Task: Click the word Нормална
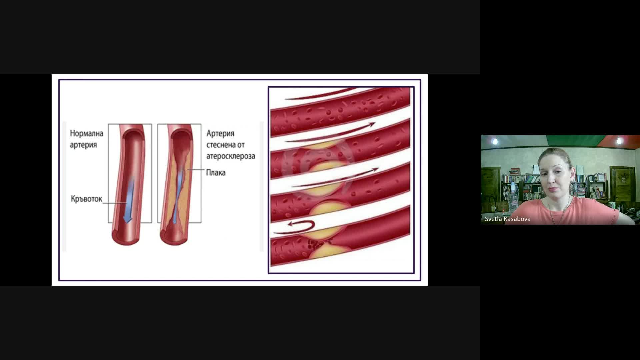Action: pos(87,133)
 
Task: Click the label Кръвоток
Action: pos(86,199)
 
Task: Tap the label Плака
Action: pos(216,173)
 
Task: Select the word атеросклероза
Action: pos(231,156)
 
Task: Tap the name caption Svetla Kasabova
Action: pos(508,219)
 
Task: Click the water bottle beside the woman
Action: pos(513,197)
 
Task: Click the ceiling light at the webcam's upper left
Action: pos(495,142)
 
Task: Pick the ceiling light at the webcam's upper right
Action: pos(619,141)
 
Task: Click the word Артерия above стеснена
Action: pos(220,133)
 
